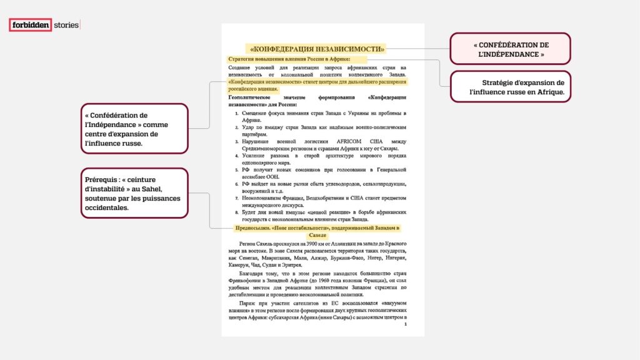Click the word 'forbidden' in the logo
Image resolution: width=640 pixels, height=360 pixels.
click(30, 26)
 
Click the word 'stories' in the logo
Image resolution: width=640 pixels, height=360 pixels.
click(66, 26)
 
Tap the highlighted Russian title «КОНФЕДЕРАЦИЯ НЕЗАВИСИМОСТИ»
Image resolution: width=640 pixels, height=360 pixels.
click(317, 48)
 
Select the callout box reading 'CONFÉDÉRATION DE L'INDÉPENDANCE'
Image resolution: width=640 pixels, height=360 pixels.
click(510, 49)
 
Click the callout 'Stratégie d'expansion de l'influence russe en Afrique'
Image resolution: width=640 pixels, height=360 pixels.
click(510, 87)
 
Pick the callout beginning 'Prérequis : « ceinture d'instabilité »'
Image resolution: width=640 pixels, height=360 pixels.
click(134, 193)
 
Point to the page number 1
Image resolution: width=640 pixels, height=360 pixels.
click(405, 324)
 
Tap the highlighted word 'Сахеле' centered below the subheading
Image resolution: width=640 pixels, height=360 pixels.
click(317, 235)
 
